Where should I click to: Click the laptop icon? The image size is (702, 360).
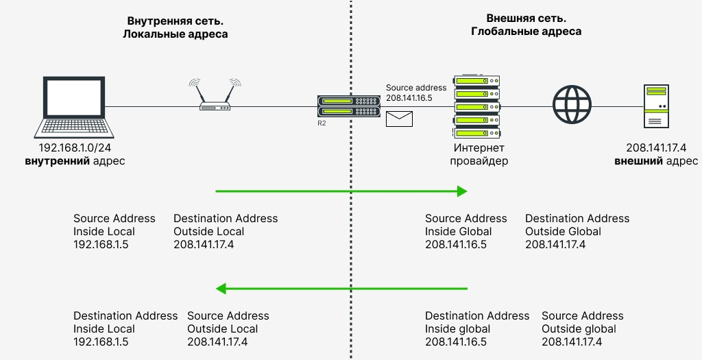pyautogui.click(x=74, y=106)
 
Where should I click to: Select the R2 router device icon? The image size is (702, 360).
pyautogui.click(x=349, y=106)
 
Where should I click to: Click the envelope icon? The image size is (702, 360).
pyautogui.click(x=399, y=119)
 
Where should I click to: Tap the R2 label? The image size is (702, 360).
pyautogui.click(x=322, y=123)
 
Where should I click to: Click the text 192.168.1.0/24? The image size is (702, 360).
pyautogui.click(x=75, y=147)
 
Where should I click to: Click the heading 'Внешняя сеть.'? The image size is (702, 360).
pyautogui.click(x=526, y=19)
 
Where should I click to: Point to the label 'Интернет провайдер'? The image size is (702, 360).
pyautogui.click(x=479, y=154)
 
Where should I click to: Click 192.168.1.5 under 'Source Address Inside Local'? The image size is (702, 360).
pyautogui.click(x=101, y=244)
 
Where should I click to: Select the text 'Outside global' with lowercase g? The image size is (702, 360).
pyautogui.click(x=579, y=328)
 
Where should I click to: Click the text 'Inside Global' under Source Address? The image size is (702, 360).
pyautogui.click(x=458, y=231)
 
